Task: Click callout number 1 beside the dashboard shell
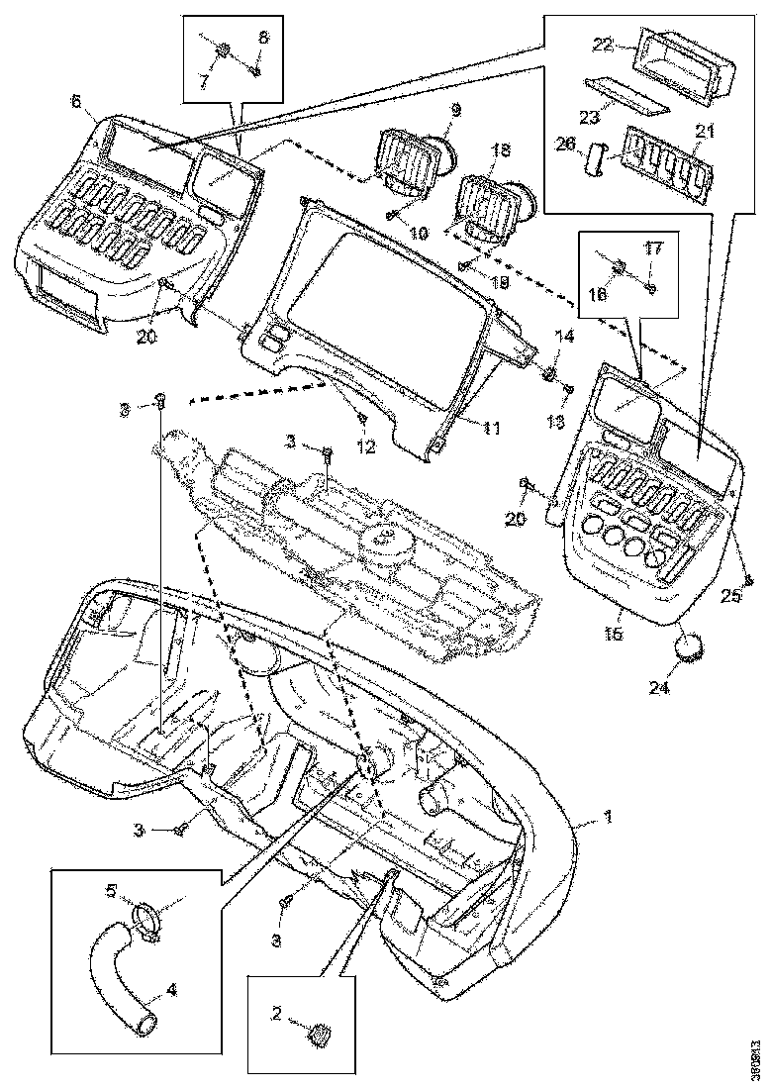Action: pos(609,819)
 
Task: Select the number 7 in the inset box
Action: pos(205,80)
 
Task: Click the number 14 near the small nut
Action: pos(564,338)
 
